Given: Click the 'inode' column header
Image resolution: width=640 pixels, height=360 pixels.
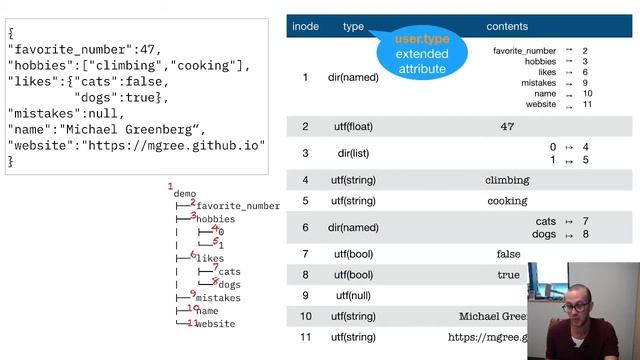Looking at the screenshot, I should pyautogui.click(x=305, y=26).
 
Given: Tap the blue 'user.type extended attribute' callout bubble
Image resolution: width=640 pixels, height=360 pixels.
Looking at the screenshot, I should pyautogui.click(x=422, y=53).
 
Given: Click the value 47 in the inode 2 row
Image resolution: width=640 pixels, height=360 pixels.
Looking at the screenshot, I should pyautogui.click(x=507, y=127).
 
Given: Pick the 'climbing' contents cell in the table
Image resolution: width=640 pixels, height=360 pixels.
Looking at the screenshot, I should pyautogui.click(x=507, y=180).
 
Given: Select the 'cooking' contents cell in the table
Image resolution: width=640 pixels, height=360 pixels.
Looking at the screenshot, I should pyautogui.click(x=507, y=201).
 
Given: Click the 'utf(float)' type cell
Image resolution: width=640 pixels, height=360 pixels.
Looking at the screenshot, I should pyautogui.click(x=353, y=127).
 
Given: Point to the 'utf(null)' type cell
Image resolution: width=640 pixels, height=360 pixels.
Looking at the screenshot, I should pyautogui.click(x=353, y=296).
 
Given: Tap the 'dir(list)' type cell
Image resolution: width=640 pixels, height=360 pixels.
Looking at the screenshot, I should pyautogui.click(x=353, y=153).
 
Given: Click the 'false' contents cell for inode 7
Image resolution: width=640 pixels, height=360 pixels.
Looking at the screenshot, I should pyautogui.click(x=508, y=254).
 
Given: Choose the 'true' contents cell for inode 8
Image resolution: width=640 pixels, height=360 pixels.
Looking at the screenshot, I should pyautogui.click(x=508, y=275).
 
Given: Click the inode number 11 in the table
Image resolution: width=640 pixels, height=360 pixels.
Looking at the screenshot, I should pyautogui.click(x=305, y=338).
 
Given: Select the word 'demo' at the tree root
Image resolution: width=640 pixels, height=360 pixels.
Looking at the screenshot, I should pyautogui.click(x=185, y=194).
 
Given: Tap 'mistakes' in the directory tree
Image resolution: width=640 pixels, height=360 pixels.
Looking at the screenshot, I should pyautogui.click(x=218, y=298).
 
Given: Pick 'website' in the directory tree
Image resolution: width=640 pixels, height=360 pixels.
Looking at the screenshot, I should pyautogui.click(x=215, y=324).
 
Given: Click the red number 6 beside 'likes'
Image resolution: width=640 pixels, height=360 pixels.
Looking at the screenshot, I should pyautogui.click(x=193, y=254).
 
